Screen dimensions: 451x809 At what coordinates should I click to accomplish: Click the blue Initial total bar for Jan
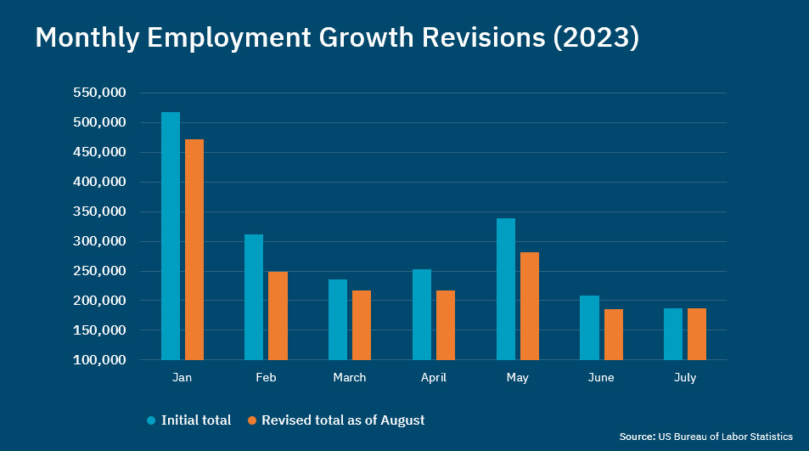[171, 235]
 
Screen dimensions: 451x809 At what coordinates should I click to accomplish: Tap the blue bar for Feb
[254, 296]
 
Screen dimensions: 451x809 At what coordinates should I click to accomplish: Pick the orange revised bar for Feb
[278, 315]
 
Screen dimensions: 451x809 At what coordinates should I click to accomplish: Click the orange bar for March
[362, 324]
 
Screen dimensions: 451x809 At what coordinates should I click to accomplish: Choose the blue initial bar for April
[422, 314]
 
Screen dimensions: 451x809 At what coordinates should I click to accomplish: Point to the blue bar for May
[506, 289]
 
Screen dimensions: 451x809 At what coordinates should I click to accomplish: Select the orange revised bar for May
[530, 306]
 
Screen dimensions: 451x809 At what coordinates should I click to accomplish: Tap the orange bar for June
[614, 334]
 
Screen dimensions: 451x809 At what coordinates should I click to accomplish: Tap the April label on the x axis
[434, 378]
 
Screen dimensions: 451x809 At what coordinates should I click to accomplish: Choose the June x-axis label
[601, 378]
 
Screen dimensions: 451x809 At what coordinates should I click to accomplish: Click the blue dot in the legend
[151, 420]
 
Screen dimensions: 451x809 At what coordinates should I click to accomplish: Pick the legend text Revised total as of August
[343, 420]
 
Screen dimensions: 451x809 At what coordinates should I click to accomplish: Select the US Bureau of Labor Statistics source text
[726, 437]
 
